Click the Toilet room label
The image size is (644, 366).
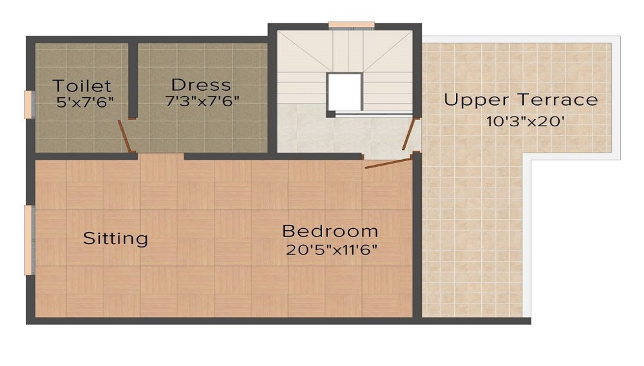[x=82, y=86]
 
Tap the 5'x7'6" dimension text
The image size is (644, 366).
[x=85, y=102]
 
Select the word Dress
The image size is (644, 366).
[x=201, y=85]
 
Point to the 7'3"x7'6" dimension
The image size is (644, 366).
[x=202, y=101]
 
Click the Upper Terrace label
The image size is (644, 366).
[x=521, y=101]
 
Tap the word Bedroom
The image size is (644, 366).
[x=330, y=231]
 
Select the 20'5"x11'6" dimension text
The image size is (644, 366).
[x=332, y=249]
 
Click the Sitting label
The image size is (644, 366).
[x=115, y=238]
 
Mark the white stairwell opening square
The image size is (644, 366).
[x=344, y=92]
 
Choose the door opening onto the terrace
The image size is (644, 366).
[x=410, y=134]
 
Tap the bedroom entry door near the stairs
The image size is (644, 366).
[x=388, y=162]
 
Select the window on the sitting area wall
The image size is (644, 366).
[x=28, y=240]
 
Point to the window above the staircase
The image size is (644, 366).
[x=351, y=24]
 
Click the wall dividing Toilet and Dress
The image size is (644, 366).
[x=132, y=80]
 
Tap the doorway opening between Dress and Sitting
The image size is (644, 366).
[x=160, y=156]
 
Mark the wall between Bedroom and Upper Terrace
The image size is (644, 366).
[x=417, y=236]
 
